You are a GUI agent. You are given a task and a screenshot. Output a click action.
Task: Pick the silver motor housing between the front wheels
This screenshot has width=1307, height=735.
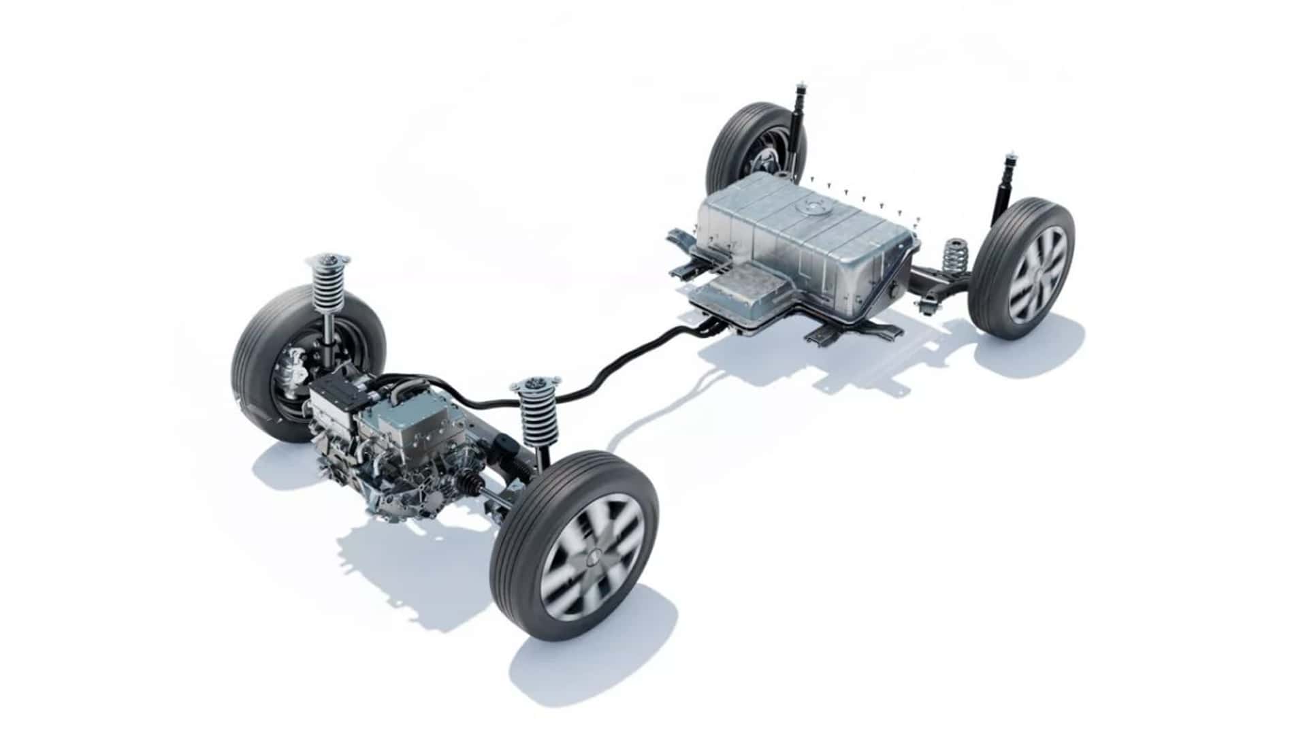[395, 436]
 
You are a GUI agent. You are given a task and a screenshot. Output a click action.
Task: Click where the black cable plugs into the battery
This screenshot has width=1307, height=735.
[708, 329]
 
